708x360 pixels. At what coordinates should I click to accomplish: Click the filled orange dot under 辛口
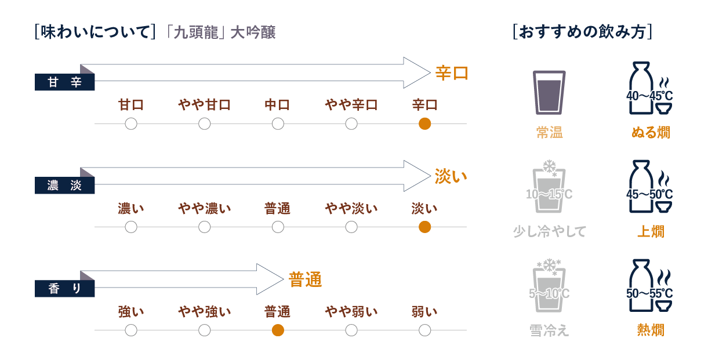point(424,123)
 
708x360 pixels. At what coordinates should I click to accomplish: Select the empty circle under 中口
point(278,123)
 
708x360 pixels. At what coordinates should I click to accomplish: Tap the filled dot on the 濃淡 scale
point(424,227)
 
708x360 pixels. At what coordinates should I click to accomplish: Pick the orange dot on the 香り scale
point(278,330)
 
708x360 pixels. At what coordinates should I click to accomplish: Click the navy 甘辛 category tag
point(64,83)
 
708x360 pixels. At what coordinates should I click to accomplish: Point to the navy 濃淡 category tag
point(64,186)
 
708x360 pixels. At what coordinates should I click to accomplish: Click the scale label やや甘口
point(204,105)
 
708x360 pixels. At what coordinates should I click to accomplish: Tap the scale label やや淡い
point(351,208)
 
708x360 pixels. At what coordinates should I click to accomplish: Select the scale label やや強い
point(204,311)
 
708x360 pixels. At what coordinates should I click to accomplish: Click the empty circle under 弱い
point(424,330)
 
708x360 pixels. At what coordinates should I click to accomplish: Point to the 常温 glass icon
point(549,92)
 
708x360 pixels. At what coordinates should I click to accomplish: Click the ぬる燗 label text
point(651,133)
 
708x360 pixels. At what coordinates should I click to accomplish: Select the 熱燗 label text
point(651,330)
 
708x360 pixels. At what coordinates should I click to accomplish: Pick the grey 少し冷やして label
point(549,232)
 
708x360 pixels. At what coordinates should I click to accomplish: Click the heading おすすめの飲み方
point(583,31)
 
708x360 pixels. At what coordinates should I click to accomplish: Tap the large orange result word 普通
point(305,280)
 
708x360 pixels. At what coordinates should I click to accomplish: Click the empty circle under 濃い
point(131,227)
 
